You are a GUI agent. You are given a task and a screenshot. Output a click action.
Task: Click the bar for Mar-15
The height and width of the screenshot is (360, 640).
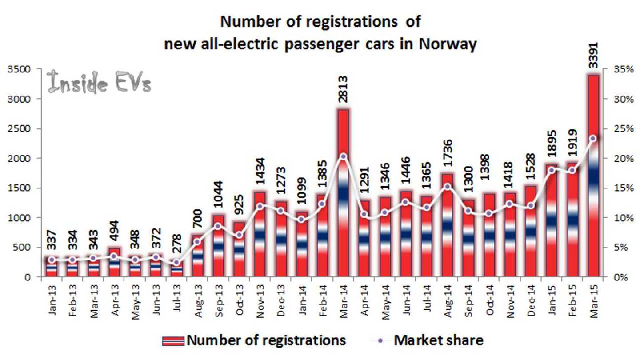click(593, 178)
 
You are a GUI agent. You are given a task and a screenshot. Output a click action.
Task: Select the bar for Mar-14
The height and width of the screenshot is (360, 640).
click(343, 196)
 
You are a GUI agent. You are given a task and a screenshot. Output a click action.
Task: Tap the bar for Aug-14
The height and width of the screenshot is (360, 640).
click(448, 227)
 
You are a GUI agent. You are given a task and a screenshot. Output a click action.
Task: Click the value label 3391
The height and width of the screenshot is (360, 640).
click(593, 56)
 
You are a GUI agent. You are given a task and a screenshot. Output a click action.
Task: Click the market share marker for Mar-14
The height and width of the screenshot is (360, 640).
click(343, 156)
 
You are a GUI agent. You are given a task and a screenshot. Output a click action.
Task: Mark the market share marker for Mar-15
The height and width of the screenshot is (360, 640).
click(593, 138)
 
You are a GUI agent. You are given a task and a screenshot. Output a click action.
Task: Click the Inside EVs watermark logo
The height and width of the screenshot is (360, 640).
click(99, 82)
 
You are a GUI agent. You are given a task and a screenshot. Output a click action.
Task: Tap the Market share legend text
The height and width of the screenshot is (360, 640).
click(438, 340)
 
